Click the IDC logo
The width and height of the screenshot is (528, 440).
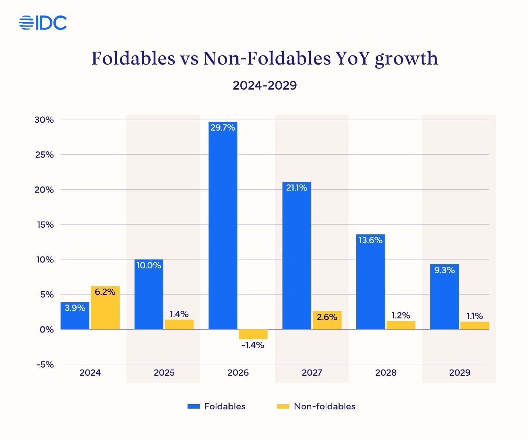pos(43,23)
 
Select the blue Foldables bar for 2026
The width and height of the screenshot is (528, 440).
pos(223,229)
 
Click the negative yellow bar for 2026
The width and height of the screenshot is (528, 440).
pos(253,334)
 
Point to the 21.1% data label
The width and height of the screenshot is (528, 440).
pos(296,188)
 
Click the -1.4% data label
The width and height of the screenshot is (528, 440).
pos(253,345)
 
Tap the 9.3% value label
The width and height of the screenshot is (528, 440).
pos(444,270)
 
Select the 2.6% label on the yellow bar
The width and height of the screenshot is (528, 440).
pos(327,317)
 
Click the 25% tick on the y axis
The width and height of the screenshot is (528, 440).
pos(45,155)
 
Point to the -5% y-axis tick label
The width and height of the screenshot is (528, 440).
pos(45,365)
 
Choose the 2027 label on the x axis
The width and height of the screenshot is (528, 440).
pos(312,373)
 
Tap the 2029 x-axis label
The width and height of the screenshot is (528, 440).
pos(460,373)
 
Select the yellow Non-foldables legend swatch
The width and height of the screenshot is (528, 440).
pos(283,406)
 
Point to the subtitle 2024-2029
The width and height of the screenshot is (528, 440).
pos(265,85)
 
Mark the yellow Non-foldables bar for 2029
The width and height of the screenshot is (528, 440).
pos(474,326)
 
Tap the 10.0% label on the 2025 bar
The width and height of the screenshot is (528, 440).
pos(149,265)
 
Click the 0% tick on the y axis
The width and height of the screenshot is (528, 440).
pos(47,330)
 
